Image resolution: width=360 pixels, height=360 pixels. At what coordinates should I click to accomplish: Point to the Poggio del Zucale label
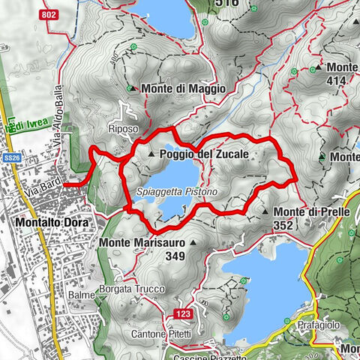(203, 154)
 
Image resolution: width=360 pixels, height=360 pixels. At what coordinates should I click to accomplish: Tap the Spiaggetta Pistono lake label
(177, 193)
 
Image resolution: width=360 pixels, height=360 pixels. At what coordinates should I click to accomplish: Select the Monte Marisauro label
(142, 243)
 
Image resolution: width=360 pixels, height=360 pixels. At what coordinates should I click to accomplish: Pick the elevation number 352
(283, 224)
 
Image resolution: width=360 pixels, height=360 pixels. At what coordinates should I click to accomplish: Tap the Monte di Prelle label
(311, 212)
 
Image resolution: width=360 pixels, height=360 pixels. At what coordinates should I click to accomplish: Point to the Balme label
(81, 295)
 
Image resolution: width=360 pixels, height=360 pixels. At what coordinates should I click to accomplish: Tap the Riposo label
(123, 128)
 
